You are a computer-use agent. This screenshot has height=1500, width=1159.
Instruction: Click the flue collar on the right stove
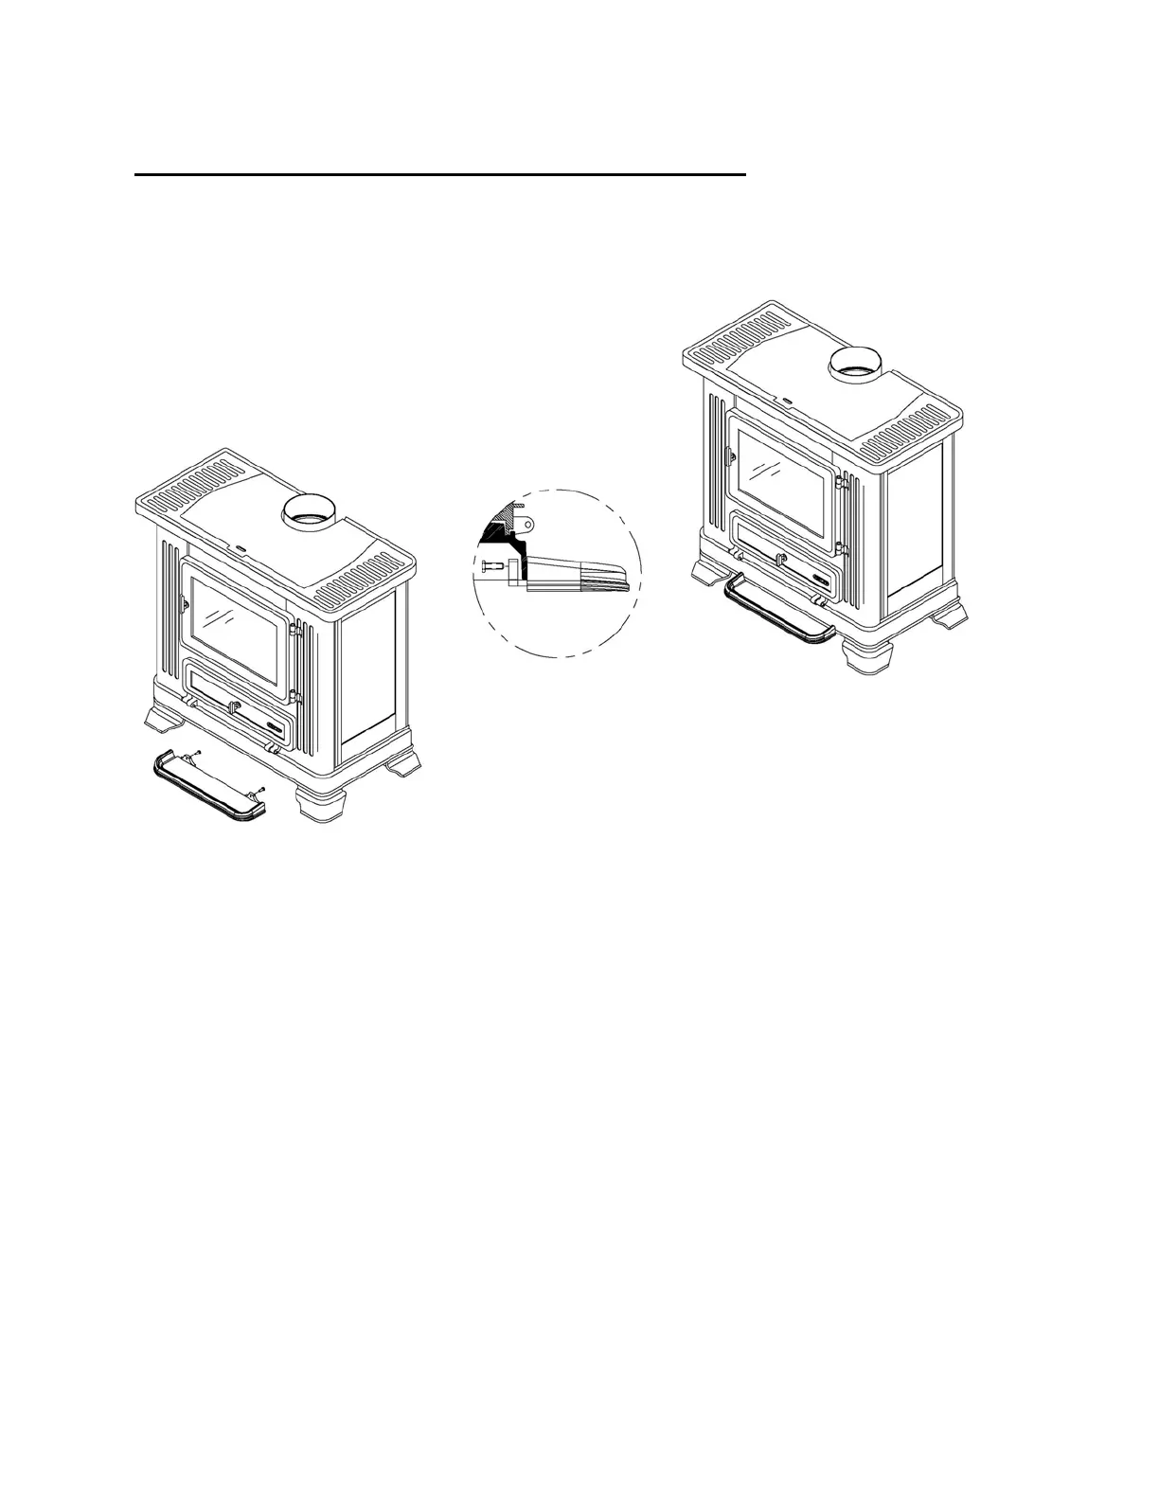(857, 364)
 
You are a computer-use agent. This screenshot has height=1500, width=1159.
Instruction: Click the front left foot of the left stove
(164, 719)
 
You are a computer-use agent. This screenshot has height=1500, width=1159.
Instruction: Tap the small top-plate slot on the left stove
(241, 547)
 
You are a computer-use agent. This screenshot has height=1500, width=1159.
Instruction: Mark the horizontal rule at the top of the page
(440, 175)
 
